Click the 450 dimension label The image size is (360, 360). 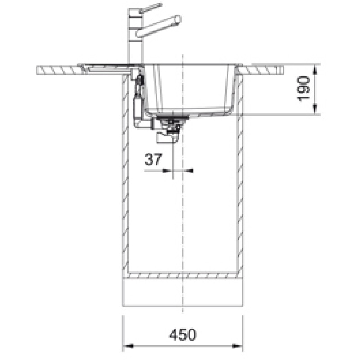pos(183,334)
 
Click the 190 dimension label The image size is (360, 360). pos(303,89)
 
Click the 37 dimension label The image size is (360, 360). pos(153,159)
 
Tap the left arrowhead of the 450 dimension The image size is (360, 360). pos(128,346)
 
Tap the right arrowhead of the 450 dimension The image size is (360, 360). pos(238,346)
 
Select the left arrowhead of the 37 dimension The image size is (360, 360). pos(167,171)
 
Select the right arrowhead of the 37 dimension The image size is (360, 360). pos(188,171)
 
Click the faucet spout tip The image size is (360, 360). pos(178,19)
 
